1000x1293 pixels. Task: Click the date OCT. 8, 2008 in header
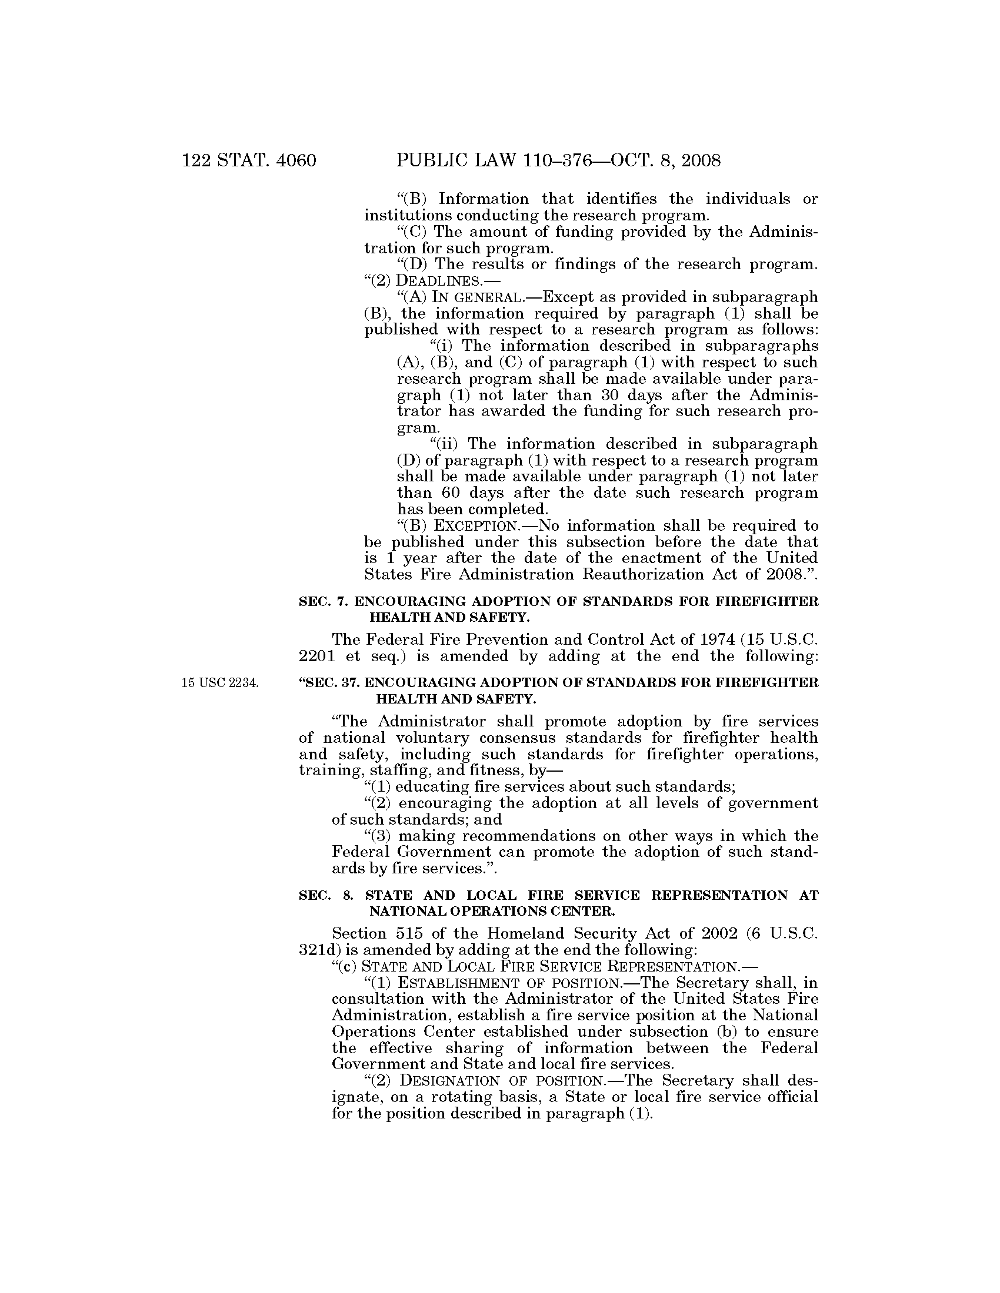(x=659, y=160)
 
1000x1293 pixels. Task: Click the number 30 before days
(x=604, y=395)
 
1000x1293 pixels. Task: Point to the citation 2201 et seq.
(x=343, y=656)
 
